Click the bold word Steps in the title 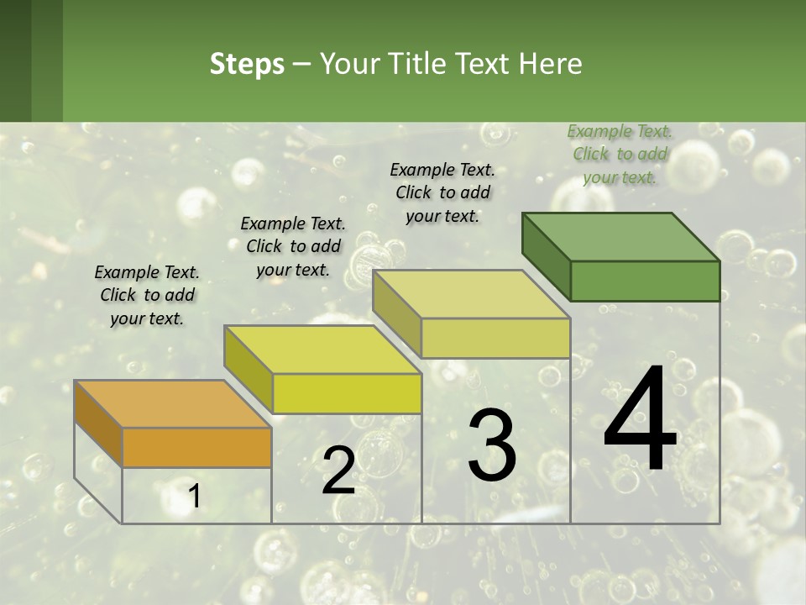(x=247, y=64)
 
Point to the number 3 (x=491, y=445)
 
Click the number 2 (x=338, y=471)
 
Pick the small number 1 (x=195, y=497)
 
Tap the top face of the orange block (x=172, y=404)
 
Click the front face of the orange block (x=196, y=448)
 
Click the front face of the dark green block (x=645, y=281)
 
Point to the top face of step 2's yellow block (x=322, y=350)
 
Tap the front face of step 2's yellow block (x=347, y=393)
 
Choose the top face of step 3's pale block (x=471, y=294)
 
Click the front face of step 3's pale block (x=495, y=338)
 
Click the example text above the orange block (x=147, y=296)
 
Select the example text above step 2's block (x=293, y=246)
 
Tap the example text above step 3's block (x=442, y=192)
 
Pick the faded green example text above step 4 (x=620, y=154)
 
